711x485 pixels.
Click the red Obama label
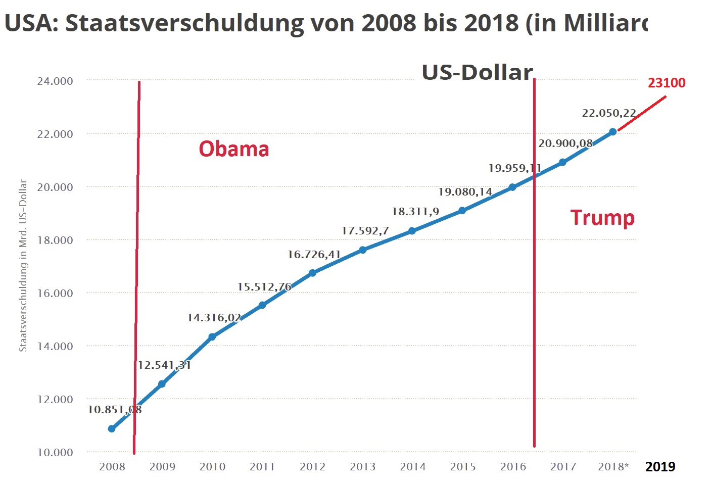(233, 149)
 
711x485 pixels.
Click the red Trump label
(602, 218)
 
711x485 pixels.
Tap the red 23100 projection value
(667, 83)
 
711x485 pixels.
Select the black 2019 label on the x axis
(660, 466)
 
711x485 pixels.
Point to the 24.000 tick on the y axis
(55, 81)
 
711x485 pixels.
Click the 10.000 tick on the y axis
(55, 452)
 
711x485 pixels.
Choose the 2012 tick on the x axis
(312, 466)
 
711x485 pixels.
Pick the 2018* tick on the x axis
(613, 466)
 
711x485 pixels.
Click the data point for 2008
(112, 429)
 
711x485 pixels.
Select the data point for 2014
(412, 231)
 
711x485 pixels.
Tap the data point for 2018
(613, 132)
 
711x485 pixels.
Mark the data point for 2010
(212, 337)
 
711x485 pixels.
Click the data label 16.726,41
(314, 255)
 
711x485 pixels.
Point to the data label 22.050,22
(608, 113)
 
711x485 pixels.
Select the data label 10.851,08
(114, 410)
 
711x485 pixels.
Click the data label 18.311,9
(415, 212)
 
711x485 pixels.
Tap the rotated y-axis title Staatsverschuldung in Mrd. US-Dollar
(23, 266)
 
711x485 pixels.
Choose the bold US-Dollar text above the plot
(478, 73)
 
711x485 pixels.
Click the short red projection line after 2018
(642, 113)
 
